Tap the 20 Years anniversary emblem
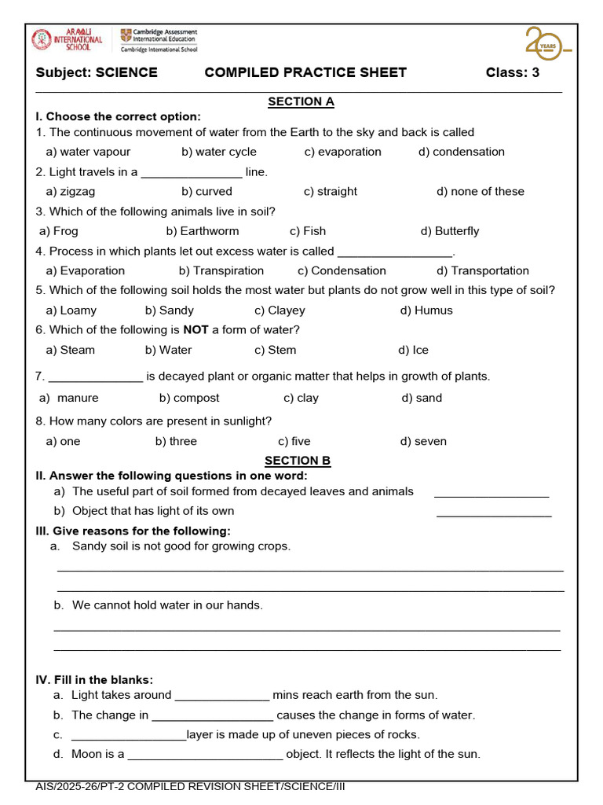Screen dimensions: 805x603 (x=547, y=43)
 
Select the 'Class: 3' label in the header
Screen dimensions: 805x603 (x=512, y=73)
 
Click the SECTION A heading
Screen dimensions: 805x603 (x=301, y=101)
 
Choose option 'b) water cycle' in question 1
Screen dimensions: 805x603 (x=219, y=152)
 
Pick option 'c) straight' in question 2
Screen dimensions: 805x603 (x=330, y=191)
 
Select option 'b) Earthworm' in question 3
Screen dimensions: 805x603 (x=203, y=231)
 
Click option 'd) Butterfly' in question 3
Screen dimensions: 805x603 (x=449, y=231)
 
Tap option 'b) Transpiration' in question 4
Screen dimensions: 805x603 (x=221, y=270)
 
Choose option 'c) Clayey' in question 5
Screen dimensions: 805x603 (x=280, y=311)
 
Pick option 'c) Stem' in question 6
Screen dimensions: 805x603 (x=275, y=350)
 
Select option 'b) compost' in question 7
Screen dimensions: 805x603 (x=189, y=398)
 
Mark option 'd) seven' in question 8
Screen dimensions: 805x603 (x=423, y=441)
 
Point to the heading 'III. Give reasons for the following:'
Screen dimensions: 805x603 (x=133, y=531)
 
